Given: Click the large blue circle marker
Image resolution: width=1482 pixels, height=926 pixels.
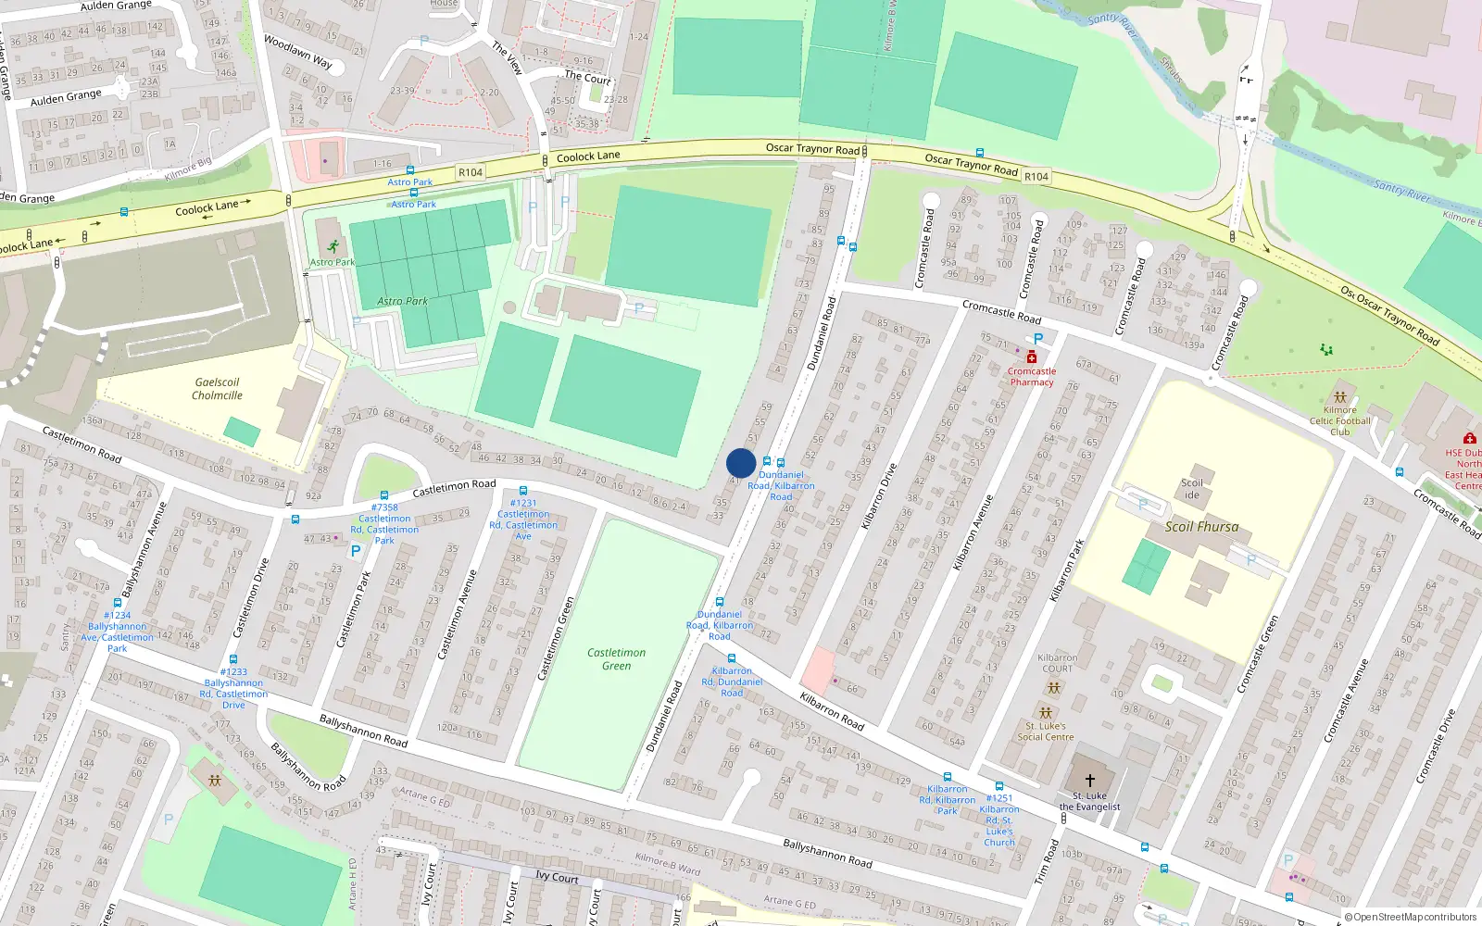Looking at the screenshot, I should click(741, 463).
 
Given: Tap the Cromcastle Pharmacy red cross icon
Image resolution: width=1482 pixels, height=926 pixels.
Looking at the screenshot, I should click(1031, 357).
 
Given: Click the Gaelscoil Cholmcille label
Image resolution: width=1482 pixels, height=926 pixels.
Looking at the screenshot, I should click(217, 389).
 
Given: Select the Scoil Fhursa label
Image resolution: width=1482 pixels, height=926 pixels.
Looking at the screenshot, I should click(1201, 527).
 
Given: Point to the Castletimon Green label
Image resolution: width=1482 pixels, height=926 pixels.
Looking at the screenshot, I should click(616, 659).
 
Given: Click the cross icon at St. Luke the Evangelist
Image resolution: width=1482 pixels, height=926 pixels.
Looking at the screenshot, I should click(1089, 781).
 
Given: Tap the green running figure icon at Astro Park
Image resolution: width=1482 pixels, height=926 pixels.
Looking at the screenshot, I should click(333, 246).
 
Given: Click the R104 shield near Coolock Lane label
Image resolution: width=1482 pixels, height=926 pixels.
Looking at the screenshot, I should click(471, 172).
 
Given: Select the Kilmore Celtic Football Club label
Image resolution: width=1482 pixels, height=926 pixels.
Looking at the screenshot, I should click(1339, 420).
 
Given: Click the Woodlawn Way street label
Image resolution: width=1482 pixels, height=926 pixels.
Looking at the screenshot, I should click(297, 52).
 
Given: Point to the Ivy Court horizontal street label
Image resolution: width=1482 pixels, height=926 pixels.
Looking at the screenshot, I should click(557, 877).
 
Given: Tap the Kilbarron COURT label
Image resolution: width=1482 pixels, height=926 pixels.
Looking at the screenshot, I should click(1057, 663).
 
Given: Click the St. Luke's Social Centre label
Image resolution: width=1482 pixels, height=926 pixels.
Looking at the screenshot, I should click(1046, 732).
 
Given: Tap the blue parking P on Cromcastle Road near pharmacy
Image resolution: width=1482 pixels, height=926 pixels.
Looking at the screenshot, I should click(1038, 340).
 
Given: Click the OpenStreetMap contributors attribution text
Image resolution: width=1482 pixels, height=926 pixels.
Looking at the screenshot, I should click(1410, 917).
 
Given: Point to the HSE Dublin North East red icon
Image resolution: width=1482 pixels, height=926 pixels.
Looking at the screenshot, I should click(1469, 438).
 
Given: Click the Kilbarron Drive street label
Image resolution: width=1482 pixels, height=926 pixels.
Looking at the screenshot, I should click(879, 496).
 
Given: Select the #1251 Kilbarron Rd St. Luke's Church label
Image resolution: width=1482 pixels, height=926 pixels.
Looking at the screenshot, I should click(998, 820).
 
